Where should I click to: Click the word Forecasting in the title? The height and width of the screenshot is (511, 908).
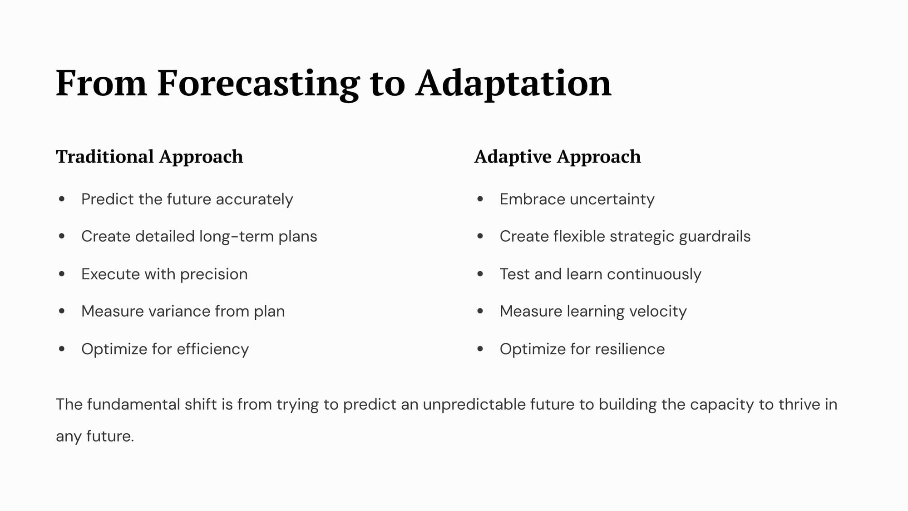tap(258, 84)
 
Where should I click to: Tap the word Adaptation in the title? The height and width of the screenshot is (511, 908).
tap(513, 84)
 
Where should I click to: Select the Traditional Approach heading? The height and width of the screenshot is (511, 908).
tap(149, 157)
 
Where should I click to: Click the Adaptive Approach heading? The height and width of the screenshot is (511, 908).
tap(558, 157)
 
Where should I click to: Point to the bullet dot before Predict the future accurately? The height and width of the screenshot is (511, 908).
tap(62, 199)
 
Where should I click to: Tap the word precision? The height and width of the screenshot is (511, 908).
tap(214, 274)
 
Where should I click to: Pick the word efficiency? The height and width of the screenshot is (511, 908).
tap(212, 349)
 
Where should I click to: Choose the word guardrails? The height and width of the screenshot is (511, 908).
tap(715, 237)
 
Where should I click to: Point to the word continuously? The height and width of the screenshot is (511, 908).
tap(654, 274)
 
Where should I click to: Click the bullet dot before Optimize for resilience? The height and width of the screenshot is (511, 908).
tap(480, 349)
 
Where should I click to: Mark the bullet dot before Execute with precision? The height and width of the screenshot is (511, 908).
tap(62, 274)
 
